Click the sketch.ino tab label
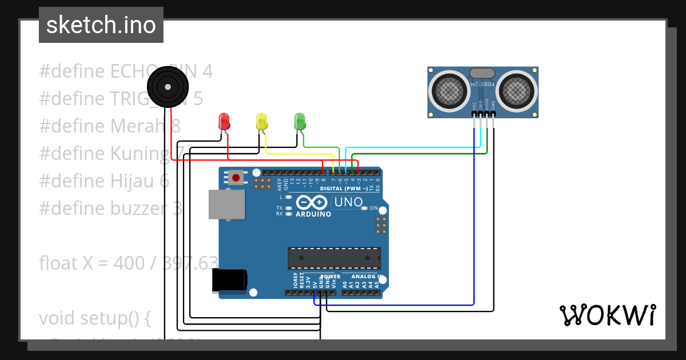coord(101,25)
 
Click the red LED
coord(224,122)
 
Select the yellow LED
coord(262,122)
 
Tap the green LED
coord(300,121)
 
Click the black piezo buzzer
coord(167,87)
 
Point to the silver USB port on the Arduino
coord(225,204)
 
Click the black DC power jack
coord(229,280)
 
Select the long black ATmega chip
coord(334,258)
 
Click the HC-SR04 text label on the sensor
coord(482,85)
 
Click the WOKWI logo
coord(607,315)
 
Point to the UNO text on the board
coord(348,202)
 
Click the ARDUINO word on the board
coord(313,214)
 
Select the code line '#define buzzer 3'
coord(111,208)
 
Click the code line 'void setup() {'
coord(95,318)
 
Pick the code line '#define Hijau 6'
coord(104,181)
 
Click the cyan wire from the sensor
coord(412,147)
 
